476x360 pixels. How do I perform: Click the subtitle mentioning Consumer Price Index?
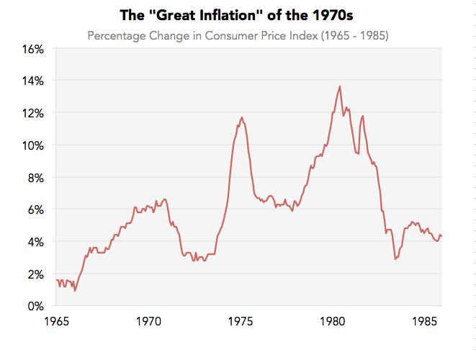pyautogui.click(x=238, y=35)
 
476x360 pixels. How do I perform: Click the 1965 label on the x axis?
pyautogui.click(x=57, y=322)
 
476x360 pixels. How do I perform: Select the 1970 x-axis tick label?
pyautogui.click(x=149, y=322)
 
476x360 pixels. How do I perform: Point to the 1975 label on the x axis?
pyautogui.click(x=241, y=322)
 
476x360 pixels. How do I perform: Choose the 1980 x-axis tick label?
pyautogui.click(x=333, y=322)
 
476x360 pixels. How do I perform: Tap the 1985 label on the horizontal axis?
pyautogui.click(x=425, y=322)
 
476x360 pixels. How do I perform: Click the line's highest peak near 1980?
pyautogui.click(x=339, y=86)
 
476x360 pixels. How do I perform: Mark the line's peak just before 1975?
pyautogui.click(x=241, y=117)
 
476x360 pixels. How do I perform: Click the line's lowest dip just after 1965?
pyautogui.click(x=75, y=290)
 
